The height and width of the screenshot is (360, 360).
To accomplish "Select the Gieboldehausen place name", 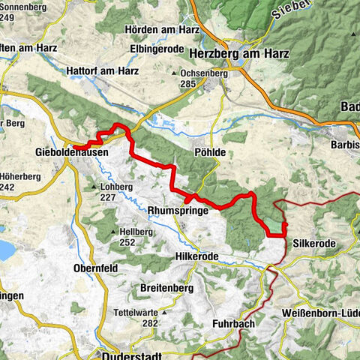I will [71, 151].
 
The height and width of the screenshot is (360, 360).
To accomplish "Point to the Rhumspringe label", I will [178, 211].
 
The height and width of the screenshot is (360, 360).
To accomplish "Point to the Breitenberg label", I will [167, 288].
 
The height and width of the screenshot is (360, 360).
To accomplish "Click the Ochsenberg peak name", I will [202, 73].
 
